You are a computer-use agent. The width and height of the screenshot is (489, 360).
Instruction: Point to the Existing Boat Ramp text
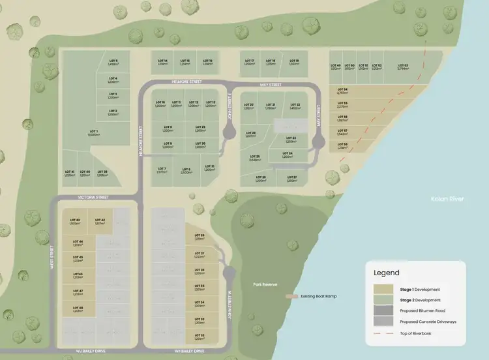318,296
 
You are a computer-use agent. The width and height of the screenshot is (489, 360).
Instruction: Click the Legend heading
386,273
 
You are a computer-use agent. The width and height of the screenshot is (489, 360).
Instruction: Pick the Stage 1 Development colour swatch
384,290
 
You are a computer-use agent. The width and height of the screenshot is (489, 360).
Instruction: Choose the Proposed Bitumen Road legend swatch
384,311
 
